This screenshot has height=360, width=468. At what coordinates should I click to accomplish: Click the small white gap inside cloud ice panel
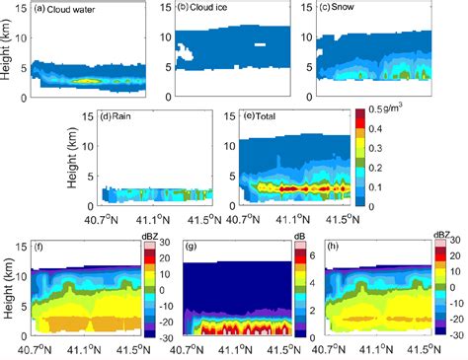coord(258,45)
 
